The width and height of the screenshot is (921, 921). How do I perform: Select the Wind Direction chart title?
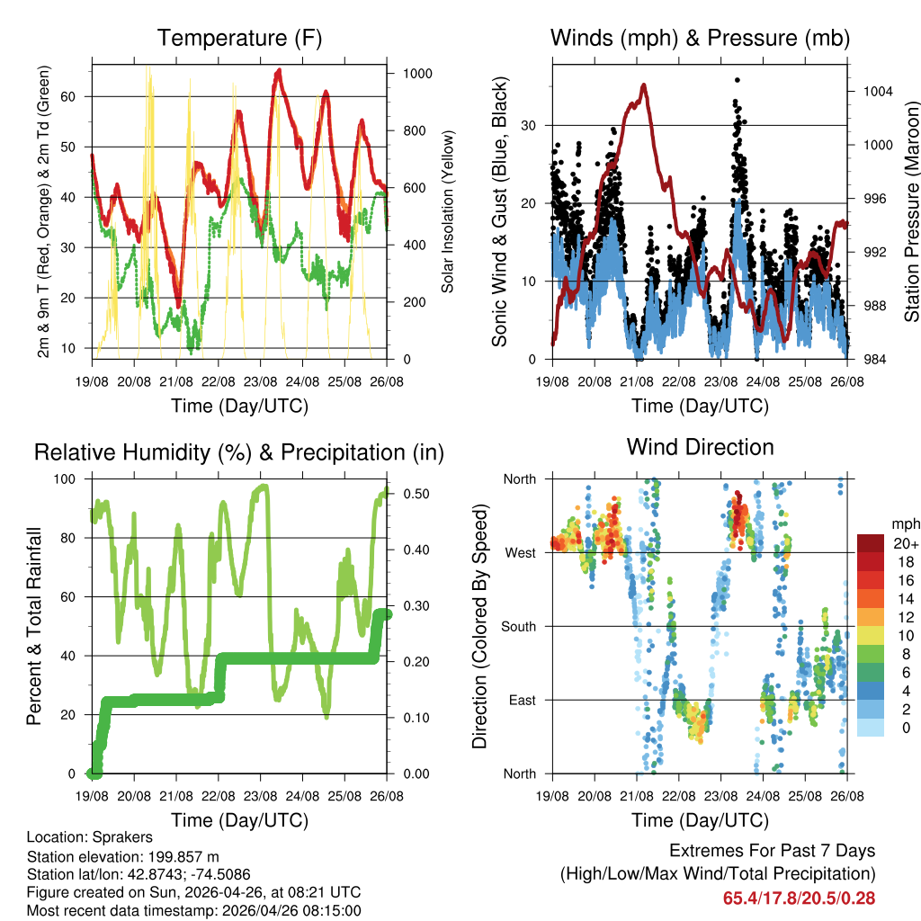pos(700,446)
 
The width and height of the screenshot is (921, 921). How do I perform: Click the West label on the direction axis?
pos(519,552)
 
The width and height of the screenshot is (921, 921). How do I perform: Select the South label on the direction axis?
pos(517,626)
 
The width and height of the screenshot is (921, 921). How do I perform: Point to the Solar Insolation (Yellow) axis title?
pos(447,211)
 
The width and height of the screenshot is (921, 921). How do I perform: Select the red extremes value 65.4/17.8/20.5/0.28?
pos(799,898)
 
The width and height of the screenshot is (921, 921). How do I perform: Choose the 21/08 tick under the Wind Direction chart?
pos(637,796)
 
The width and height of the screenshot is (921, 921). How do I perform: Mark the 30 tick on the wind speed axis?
pos(532,125)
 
